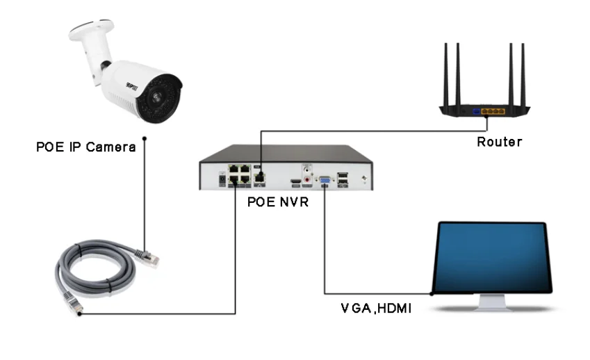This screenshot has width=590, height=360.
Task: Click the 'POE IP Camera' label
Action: pyautogui.click(x=85, y=147)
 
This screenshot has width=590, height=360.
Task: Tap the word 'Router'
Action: pyautogui.click(x=499, y=142)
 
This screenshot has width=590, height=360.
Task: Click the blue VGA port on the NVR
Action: pyautogui.click(x=324, y=181)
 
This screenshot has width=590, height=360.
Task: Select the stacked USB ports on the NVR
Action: pyautogui.click(x=343, y=179)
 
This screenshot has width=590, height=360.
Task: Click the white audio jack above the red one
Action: pyautogui.click(x=306, y=169)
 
